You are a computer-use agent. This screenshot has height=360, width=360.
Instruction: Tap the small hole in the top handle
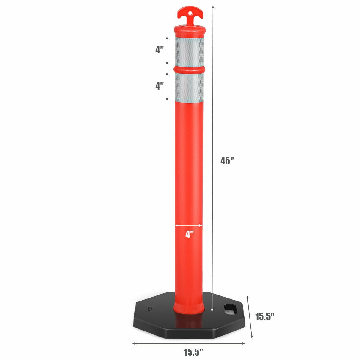tap(190, 13)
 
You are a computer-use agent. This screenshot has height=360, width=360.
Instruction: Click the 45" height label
tap(227, 161)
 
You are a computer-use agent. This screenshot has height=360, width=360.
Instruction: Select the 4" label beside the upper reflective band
tap(160, 50)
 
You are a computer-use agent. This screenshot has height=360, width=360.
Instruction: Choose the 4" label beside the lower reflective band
tap(160, 86)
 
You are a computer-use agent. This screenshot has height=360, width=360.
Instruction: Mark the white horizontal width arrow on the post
tap(189, 225)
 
